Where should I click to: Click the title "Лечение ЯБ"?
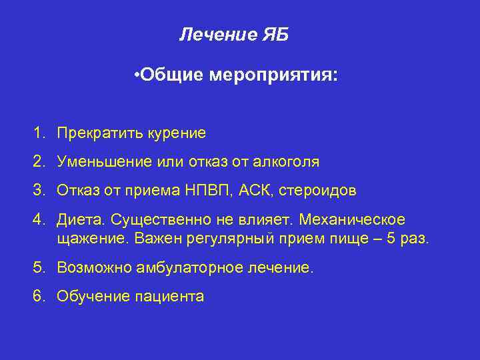[x=233, y=35]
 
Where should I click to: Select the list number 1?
[x=39, y=133]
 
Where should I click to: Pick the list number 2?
[x=39, y=161]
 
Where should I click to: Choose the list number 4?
[x=39, y=220]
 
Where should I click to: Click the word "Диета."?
[x=81, y=220]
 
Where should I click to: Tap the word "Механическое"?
[x=361, y=220]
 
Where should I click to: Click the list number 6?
[x=39, y=296]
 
